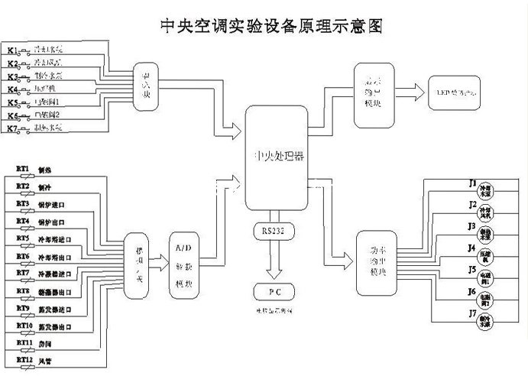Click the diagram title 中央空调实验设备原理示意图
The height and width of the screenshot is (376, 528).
269,26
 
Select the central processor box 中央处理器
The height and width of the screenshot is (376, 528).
277,158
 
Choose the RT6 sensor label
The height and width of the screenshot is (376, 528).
22,254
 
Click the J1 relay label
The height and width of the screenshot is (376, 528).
473,184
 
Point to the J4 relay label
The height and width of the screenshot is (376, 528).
473,249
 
